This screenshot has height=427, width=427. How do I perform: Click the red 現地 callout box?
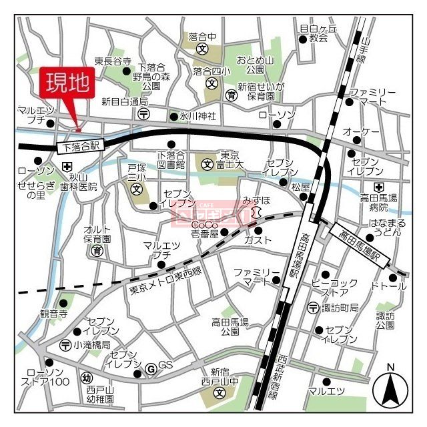click(x=70, y=83)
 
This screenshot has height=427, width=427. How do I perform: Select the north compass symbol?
click(x=391, y=390)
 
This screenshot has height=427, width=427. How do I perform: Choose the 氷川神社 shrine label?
click(x=197, y=116)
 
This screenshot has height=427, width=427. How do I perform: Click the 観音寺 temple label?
click(x=53, y=313)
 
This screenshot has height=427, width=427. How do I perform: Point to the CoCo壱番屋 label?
click(x=205, y=230)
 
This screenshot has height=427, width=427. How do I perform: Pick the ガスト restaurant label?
click(x=259, y=240)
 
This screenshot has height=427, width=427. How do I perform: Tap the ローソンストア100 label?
click(x=47, y=377)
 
